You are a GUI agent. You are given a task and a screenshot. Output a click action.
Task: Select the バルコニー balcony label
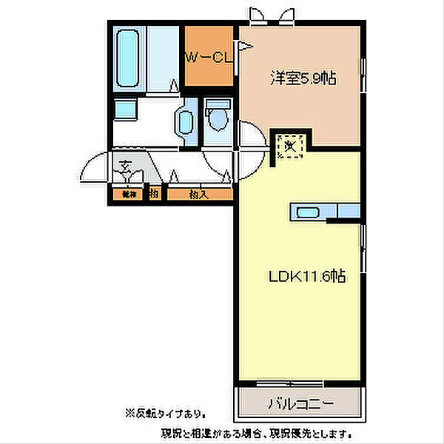(300, 404)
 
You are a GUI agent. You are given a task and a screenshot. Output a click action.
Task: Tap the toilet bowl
(217, 118)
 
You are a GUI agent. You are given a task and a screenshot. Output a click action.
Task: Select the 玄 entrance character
(127, 164)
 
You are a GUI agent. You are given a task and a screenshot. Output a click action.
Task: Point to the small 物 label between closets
(154, 195)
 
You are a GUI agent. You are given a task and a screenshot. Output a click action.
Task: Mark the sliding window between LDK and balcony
(299, 383)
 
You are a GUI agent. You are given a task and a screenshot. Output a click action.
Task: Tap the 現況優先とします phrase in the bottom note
(314, 432)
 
